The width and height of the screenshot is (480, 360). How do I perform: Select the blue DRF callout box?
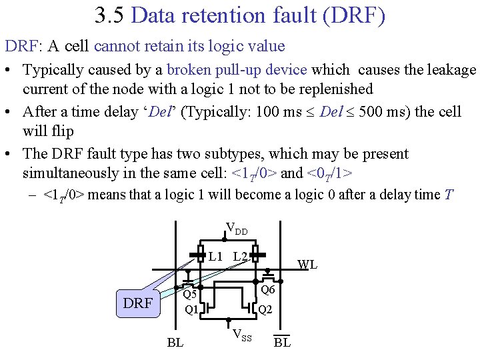point(138,303)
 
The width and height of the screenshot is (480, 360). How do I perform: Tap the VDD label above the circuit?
point(237,229)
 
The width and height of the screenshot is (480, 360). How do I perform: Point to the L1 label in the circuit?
point(215,256)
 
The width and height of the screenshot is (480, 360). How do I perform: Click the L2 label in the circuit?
point(241,256)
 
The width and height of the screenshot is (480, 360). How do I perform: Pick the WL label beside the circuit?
point(307,265)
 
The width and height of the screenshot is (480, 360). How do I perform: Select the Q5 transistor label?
point(190,294)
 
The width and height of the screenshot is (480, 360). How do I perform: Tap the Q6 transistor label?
point(267,289)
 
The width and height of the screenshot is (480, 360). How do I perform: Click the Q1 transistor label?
point(191,309)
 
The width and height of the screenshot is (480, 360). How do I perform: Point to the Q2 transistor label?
point(265,309)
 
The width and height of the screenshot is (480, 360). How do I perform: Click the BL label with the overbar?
point(282,343)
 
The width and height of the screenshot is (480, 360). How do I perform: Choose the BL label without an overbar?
point(175,343)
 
